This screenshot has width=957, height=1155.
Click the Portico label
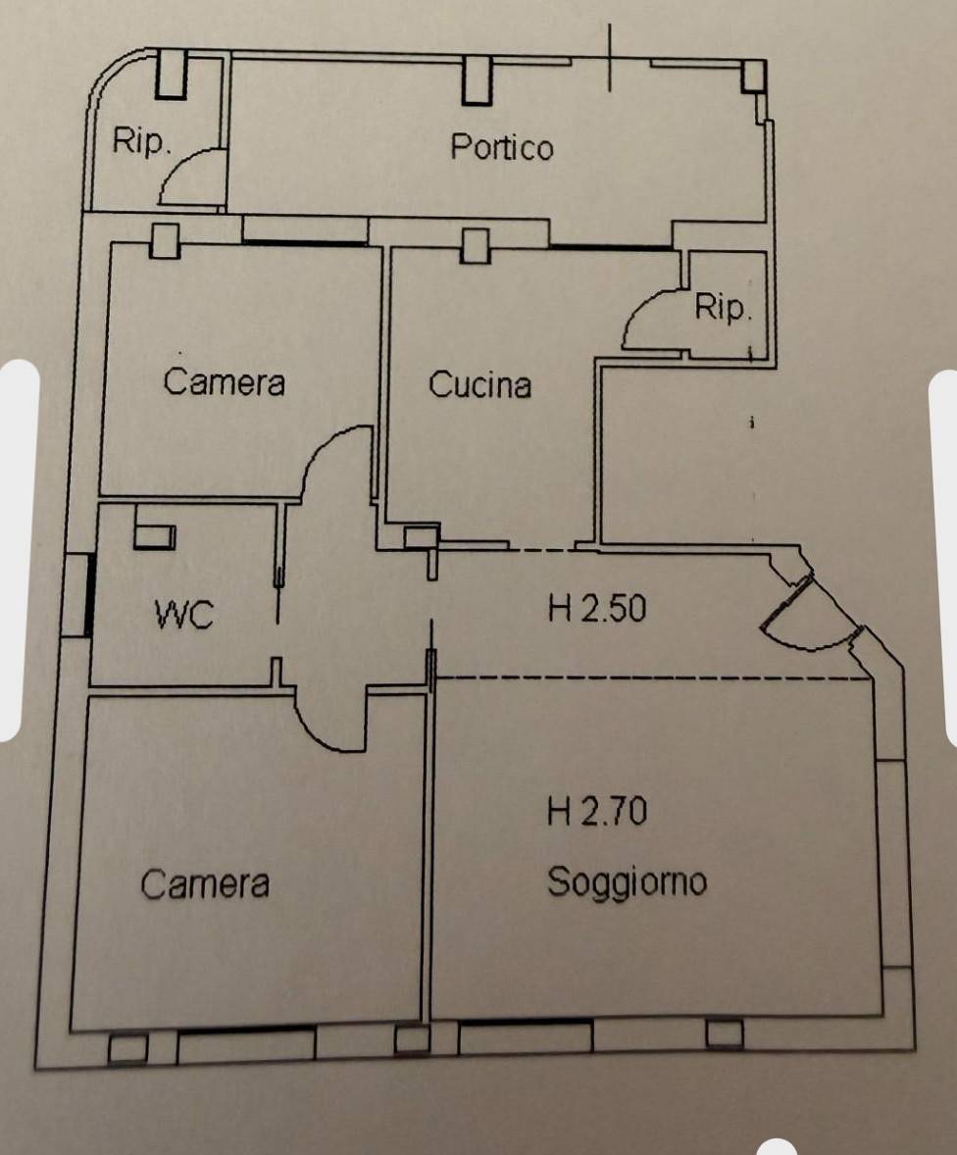click(x=501, y=147)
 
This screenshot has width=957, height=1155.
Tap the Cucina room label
click(x=479, y=385)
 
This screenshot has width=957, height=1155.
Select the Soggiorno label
click(x=627, y=881)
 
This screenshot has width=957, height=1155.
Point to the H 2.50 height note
click(x=596, y=610)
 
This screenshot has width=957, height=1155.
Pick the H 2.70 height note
click(x=596, y=812)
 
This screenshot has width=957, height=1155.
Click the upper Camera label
click(x=225, y=381)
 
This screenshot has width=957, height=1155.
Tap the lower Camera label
click(x=205, y=884)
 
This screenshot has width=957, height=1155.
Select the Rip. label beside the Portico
click(x=142, y=142)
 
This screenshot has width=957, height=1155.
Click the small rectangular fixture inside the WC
click(x=154, y=535)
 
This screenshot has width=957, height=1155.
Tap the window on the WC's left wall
click(x=88, y=595)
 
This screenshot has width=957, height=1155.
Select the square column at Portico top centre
click(x=478, y=79)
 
